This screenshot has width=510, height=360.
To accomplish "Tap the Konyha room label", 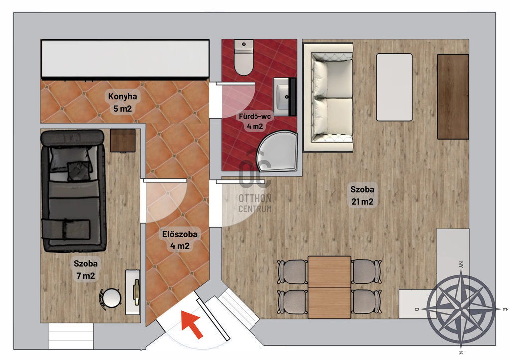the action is click(x=123, y=96).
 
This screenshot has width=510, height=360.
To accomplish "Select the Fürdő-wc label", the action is click(x=255, y=116).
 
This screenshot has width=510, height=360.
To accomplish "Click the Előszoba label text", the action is click(x=180, y=234).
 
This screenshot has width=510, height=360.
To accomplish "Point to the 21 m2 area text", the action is click(x=362, y=202).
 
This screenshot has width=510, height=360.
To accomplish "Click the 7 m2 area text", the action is click(x=86, y=276).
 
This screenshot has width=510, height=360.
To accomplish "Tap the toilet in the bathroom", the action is click(x=244, y=57).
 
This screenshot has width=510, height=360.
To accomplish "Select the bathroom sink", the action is click(x=285, y=97).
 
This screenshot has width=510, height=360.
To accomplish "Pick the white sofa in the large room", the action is click(x=328, y=98).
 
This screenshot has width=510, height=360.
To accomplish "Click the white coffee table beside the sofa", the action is click(x=394, y=88).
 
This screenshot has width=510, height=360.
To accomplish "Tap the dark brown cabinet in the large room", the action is click(x=453, y=97).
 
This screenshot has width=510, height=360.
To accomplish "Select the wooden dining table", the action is click(x=330, y=287).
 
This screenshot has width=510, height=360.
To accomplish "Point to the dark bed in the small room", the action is click(x=73, y=191).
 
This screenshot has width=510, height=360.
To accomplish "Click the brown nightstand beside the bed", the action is click(x=123, y=140).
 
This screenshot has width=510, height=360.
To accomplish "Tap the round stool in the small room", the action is click(x=110, y=298).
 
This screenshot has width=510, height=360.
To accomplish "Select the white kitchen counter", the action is click(x=125, y=59).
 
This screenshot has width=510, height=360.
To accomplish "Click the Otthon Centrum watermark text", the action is click(x=255, y=203).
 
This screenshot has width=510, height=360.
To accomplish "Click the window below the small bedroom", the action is click(x=71, y=336).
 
